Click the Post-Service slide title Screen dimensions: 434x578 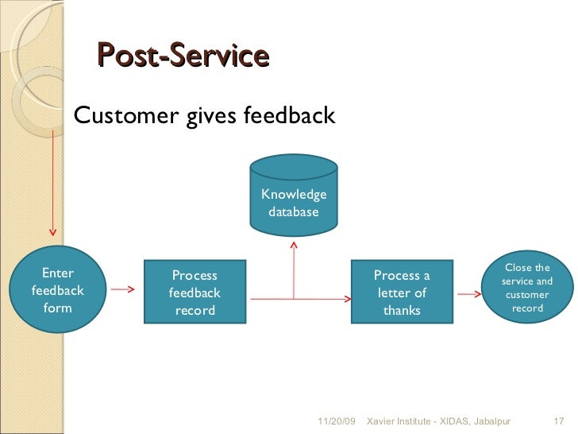(183, 56)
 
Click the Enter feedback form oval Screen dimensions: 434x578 (57, 291)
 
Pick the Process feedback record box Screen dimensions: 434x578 (195, 292)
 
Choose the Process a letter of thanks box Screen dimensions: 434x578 (402, 292)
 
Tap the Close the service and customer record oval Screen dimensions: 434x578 (527, 287)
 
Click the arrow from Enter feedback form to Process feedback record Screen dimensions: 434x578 (121, 290)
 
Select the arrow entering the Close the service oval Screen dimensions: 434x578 (469, 293)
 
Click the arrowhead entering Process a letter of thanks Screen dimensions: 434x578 (348, 299)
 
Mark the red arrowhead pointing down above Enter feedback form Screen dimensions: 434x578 (53, 232)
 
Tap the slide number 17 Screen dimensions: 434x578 (557, 420)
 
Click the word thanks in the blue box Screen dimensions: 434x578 (402, 310)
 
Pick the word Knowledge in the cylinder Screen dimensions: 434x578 (294, 195)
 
